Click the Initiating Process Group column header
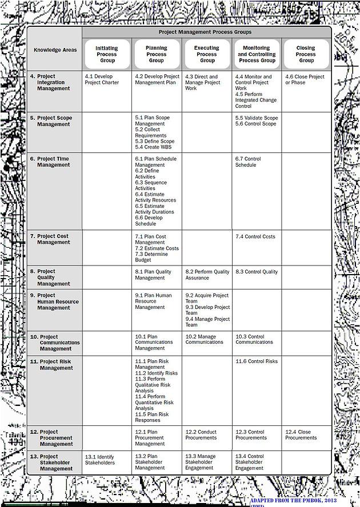(106, 54)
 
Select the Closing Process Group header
(306, 54)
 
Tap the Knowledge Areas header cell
(55, 50)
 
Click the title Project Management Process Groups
(205, 33)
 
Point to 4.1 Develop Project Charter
(102, 79)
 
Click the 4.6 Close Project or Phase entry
(305, 79)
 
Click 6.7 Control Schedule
(248, 162)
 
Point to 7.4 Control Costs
(255, 236)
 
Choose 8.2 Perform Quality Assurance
(207, 275)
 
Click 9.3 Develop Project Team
(207, 310)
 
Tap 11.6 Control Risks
(257, 361)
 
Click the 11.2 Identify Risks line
(156, 373)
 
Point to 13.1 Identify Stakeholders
(99, 460)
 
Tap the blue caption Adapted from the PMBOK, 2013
(303, 501)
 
